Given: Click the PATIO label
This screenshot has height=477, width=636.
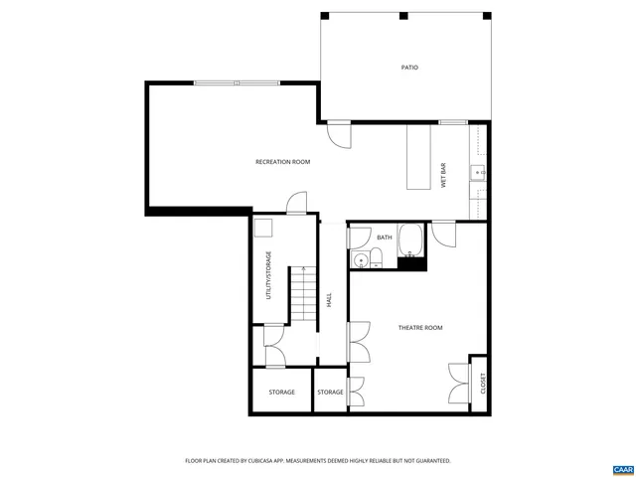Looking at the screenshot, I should tap(409, 68).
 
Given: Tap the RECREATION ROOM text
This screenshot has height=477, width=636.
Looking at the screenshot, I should tap(282, 162).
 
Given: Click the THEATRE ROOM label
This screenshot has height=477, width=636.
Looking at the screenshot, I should tap(420, 327).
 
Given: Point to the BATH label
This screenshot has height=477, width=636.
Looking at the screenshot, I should tap(385, 238).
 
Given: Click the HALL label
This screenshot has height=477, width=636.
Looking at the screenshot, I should tap(329, 299).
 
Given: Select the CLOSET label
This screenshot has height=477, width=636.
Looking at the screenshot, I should tap(483, 383).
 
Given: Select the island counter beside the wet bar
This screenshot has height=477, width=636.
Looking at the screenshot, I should tap(417, 157).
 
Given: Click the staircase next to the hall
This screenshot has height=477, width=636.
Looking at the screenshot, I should tap(303, 295).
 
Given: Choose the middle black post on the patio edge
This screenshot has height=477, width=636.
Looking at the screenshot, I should tap(403, 16).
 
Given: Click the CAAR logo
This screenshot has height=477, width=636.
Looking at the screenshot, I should tap(621, 467).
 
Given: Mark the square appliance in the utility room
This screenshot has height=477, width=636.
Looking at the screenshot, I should tap(263, 229).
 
